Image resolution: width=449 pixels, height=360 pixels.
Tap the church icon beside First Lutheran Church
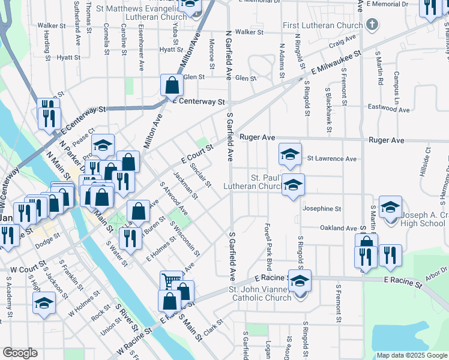click(x=372, y=25)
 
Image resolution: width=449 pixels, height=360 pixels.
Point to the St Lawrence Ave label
click(x=332, y=159)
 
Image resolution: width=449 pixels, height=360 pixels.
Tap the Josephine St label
click(x=322, y=209)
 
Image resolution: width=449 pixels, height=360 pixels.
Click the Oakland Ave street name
click(x=339, y=228)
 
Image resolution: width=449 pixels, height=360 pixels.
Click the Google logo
click(x=20, y=353)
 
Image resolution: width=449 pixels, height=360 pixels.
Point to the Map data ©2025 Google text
click(x=412, y=355)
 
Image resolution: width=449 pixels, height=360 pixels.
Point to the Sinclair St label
click(x=200, y=175)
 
